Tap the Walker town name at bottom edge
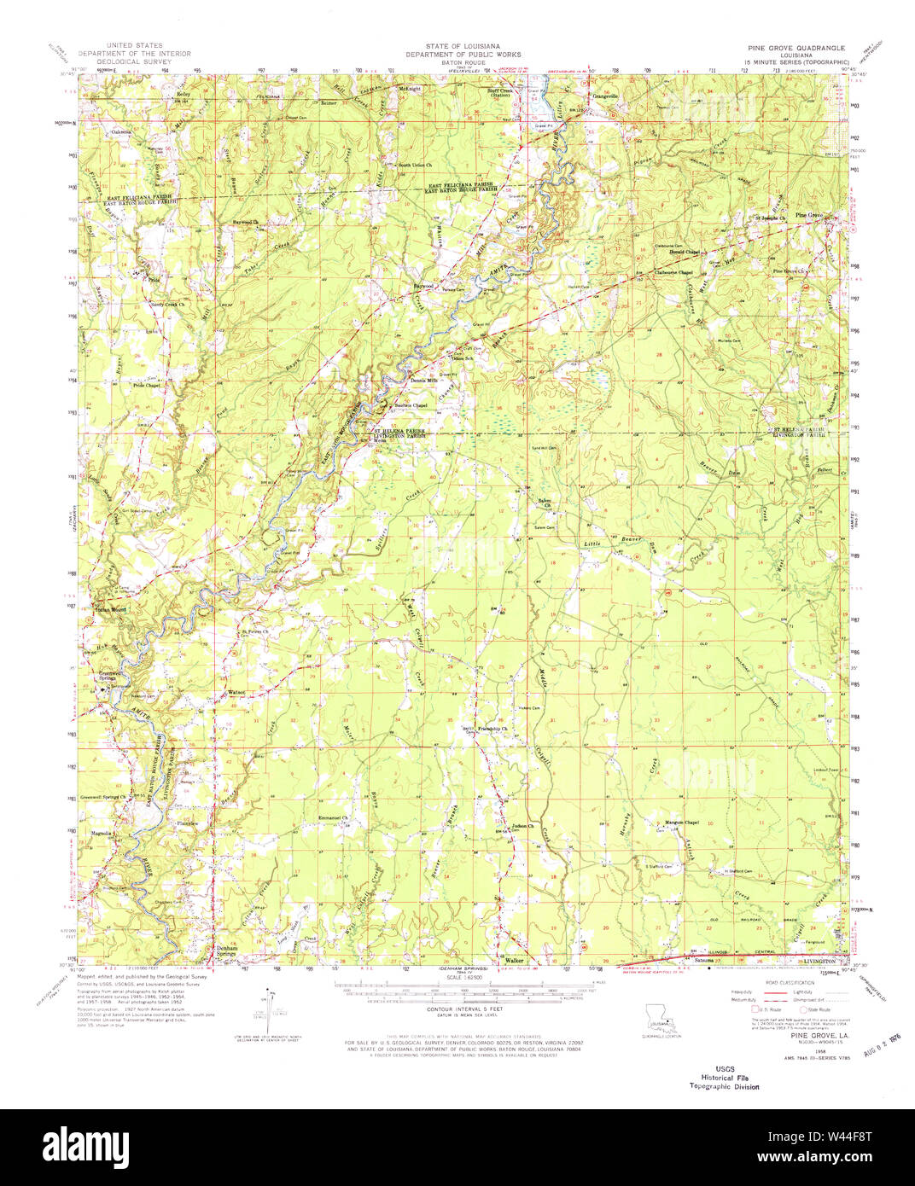point(514,959)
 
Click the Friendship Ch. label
point(492,729)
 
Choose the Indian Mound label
point(110,610)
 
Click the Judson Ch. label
point(523,826)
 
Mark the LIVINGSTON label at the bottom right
point(813,962)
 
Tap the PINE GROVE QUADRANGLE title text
point(795,49)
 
